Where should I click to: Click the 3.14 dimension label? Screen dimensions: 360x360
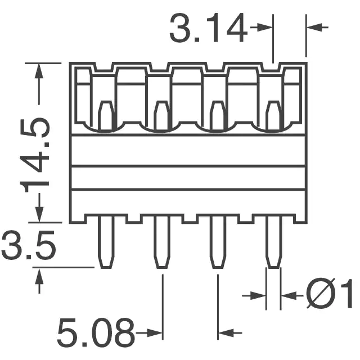click(x=209, y=28)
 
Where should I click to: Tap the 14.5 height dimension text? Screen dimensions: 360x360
click(x=34, y=155)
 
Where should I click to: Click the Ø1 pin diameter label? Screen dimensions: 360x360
click(x=330, y=294)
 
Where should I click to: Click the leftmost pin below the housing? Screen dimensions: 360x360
click(x=106, y=241)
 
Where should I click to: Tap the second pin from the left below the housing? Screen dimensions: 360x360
click(x=162, y=241)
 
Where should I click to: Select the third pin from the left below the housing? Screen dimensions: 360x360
click(x=218, y=241)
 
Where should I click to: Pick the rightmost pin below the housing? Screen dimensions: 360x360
click(x=274, y=241)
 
